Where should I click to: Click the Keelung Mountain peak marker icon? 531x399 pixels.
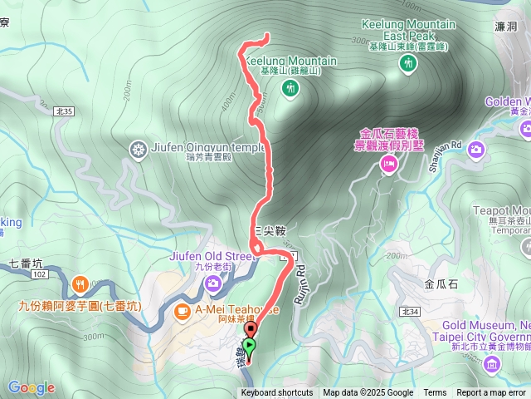(290, 91)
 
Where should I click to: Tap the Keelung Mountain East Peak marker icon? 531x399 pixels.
(407, 66)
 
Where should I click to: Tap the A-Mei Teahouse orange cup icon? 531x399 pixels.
(183, 310)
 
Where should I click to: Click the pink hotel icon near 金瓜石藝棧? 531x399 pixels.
(387, 165)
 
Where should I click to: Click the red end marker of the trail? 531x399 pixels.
(251, 331)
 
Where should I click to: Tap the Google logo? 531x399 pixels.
(31, 387)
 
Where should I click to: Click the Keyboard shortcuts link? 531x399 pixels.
(277, 393)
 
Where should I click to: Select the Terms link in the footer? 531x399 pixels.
(435, 393)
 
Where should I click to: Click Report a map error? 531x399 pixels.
(491, 393)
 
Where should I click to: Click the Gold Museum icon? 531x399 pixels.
(492, 363)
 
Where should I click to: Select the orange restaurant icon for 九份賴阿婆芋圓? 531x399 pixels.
(80, 283)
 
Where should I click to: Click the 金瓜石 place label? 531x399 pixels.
(440, 283)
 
